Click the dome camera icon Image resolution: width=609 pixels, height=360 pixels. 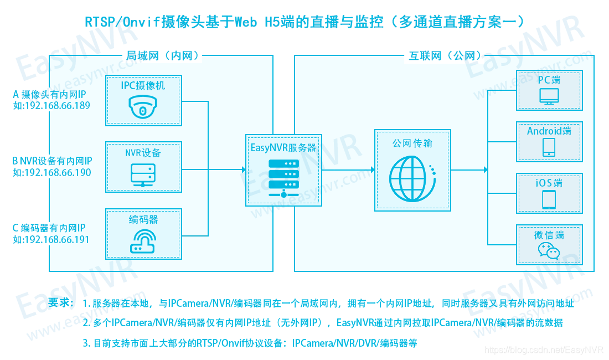[143, 106]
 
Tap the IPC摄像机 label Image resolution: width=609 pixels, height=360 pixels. [143, 86]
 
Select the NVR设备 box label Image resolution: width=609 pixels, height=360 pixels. [143, 152]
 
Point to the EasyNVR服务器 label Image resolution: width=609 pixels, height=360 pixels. [283, 147]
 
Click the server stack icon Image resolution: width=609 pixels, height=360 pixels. [283, 178]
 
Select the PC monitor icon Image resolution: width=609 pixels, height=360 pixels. [549, 96]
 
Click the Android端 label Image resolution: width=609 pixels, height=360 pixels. [549, 131]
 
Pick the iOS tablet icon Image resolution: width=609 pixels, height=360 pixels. [549, 199]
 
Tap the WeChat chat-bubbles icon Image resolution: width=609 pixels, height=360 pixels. [549, 251]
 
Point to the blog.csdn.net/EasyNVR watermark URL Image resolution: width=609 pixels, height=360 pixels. [544, 350]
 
